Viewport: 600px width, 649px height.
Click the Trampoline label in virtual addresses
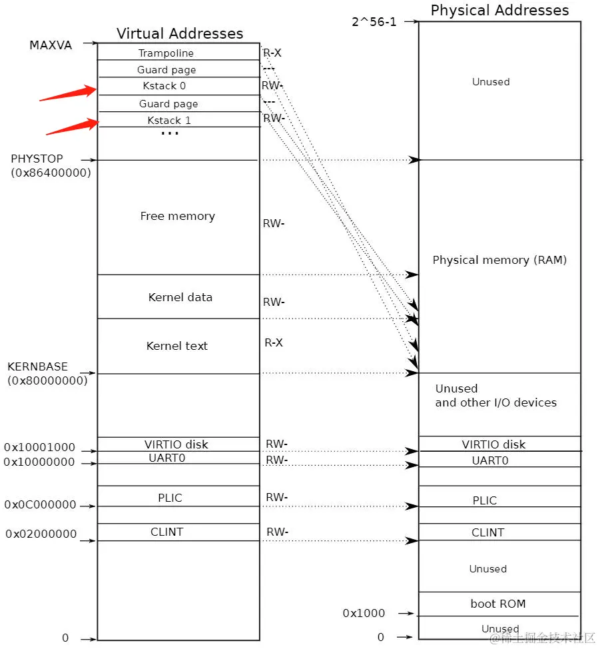(x=166, y=53)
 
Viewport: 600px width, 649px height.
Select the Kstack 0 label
(x=164, y=86)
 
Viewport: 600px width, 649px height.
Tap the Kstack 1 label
(x=169, y=121)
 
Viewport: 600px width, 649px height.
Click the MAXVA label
(x=51, y=45)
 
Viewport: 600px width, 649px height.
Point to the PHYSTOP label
(x=37, y=159)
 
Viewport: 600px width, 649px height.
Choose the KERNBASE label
(x=37, y=367)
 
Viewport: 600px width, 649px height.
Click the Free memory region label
(x=177, y=216)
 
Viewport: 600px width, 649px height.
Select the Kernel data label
(x=180, y=297)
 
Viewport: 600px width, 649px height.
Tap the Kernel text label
(x=177, y=346)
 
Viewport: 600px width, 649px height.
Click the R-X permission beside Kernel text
(x=274, y=342)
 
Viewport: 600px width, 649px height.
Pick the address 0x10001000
(x=39, y=448)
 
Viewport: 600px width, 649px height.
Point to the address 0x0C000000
(x=40, y=505)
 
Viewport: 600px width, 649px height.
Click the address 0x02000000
(x=41, y=534)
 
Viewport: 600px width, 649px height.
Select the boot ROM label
(x=498, y=604)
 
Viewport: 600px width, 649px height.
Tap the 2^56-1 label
(x=374, y=21)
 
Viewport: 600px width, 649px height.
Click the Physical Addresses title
(x=499, y=10)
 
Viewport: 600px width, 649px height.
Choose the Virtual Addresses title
(x=180, y=33)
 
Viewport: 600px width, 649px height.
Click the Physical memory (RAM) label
(x=499, y=260)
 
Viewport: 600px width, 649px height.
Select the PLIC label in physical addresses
(x=485, y=500)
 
